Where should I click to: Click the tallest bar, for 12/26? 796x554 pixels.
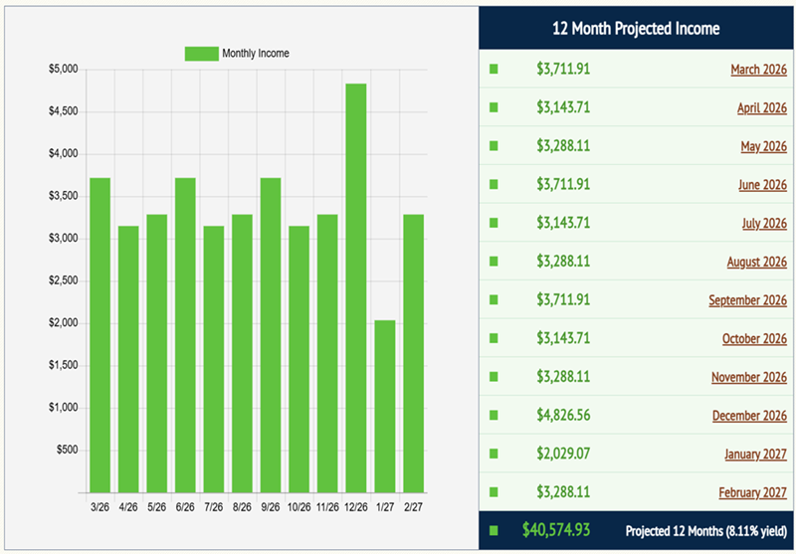coord(355,288)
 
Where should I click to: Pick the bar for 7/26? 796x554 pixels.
coord(213,359)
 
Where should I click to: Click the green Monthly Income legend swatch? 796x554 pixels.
coord(200,54)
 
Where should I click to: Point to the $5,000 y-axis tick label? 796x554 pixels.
coord(62,70)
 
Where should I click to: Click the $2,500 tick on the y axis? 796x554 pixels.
coord(62,281)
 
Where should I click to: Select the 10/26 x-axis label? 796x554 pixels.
coord(298,507)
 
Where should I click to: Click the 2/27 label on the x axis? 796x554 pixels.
coord(412,507)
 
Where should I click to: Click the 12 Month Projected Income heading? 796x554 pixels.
coord(636,29)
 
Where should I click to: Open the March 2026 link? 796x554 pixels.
coord(758,70)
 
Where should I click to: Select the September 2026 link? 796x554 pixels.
coord(747,300)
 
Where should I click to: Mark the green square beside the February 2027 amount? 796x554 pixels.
coord(494,492)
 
